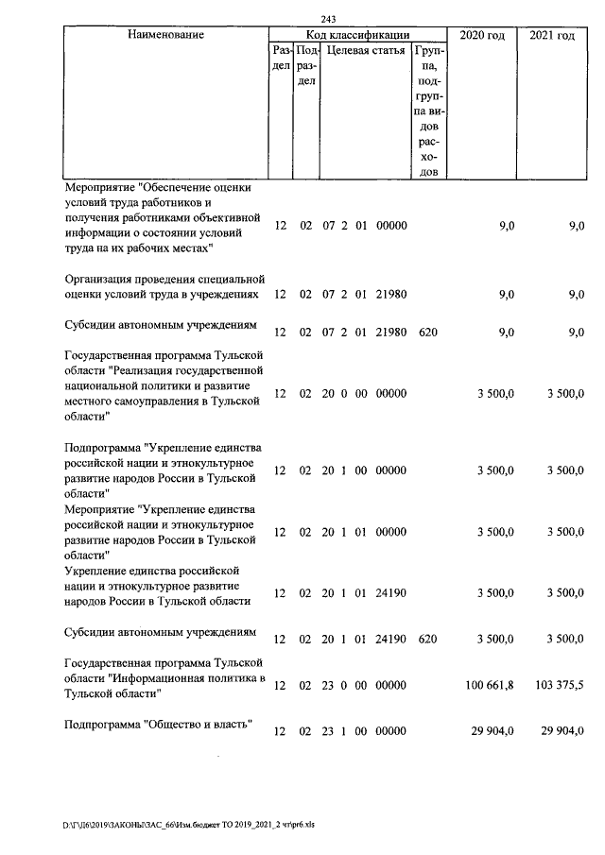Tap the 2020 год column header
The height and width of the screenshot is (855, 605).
(481, 35)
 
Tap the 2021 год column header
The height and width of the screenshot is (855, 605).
(552, 35)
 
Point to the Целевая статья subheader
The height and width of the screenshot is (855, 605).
(364, 50)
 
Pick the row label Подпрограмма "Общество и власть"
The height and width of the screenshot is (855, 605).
(156, 725)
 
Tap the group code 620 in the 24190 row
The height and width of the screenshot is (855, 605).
(427, 639)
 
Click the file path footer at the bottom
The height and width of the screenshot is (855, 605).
(189, 824)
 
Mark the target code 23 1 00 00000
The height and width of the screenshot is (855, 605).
(364, 731)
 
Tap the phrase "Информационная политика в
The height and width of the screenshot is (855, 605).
(188, 678)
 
